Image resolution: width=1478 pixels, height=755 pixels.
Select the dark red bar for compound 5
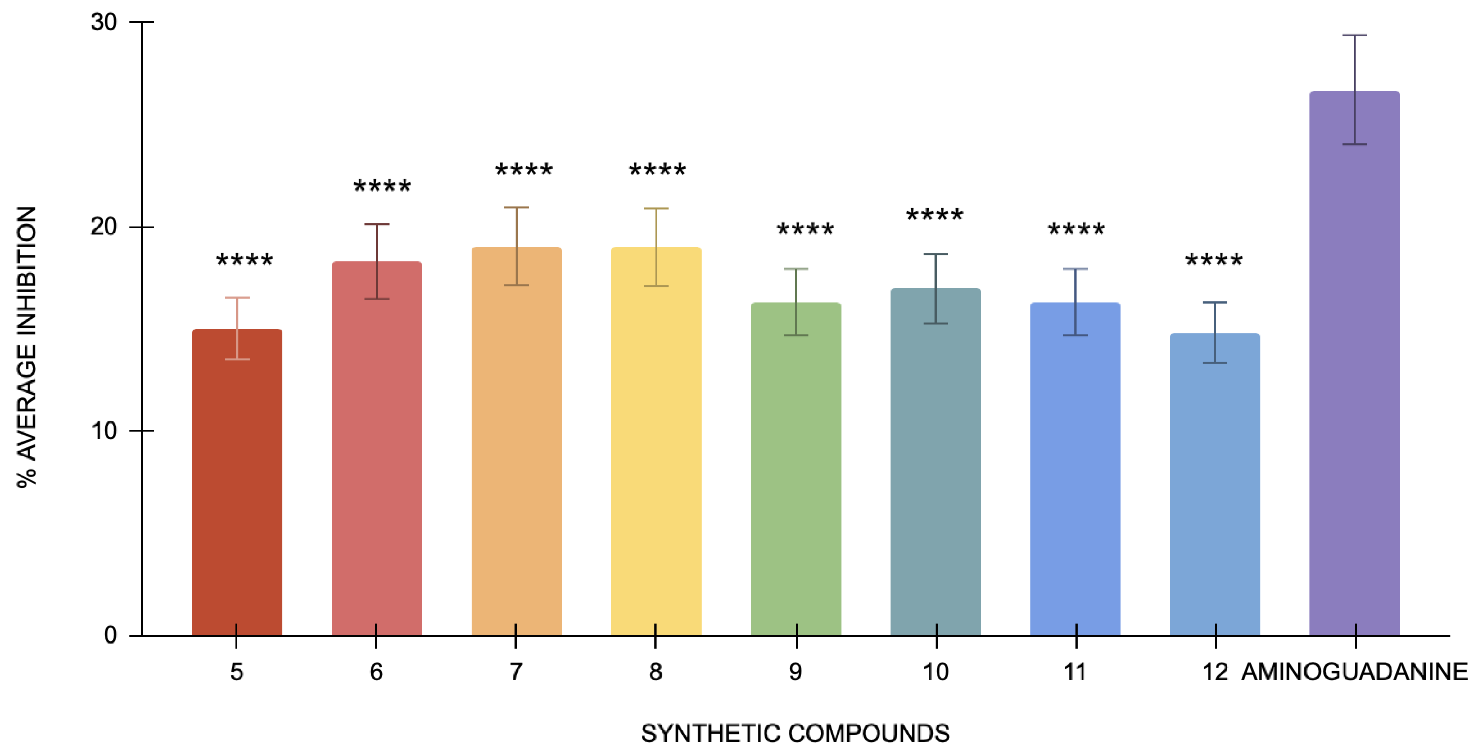[237, 487]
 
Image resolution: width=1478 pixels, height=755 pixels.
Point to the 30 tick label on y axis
[104, 22]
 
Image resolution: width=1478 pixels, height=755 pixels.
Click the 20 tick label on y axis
[104, 227]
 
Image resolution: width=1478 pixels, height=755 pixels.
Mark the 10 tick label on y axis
[104, 431]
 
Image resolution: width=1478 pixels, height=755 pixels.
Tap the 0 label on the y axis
[111, 635]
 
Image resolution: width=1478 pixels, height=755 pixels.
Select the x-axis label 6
[376, 672]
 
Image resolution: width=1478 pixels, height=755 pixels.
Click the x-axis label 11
[1075, 672]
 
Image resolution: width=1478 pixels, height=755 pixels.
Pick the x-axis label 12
[1215, 672]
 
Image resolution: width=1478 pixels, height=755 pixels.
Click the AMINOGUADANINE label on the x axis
[1354, 672]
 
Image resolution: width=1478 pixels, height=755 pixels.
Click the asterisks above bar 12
[1214, 261]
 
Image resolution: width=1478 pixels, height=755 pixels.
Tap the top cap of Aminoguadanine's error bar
[1355, 35]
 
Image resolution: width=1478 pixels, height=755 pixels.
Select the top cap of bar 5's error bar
[237, 298]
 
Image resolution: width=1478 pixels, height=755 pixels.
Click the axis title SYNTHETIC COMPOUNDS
[795, 733]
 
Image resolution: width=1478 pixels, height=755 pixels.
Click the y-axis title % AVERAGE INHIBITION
[26, 347]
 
